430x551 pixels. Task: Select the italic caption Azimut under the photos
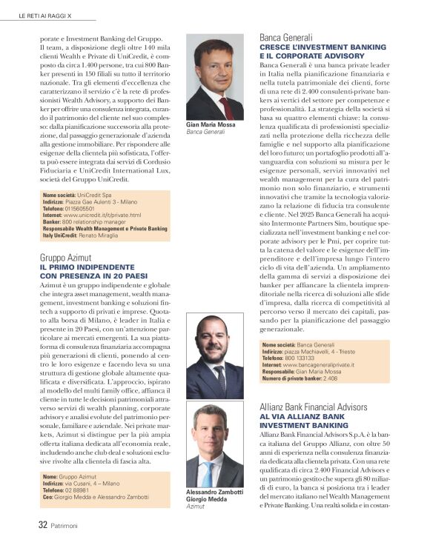(x=195, y=509)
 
